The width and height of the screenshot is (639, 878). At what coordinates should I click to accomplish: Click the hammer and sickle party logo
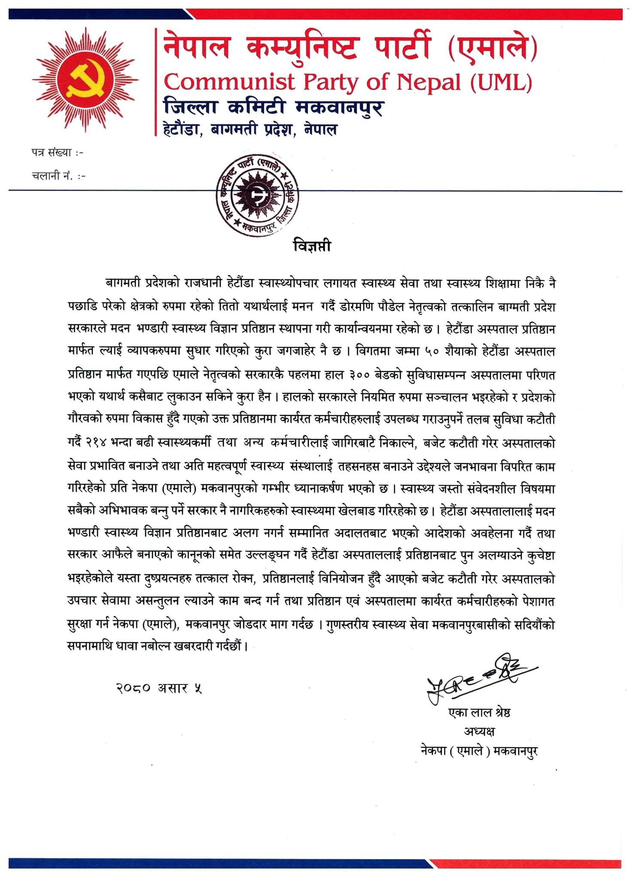click(x=85, y=79)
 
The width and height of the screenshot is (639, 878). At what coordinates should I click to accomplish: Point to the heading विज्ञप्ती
click(x=312, y=246)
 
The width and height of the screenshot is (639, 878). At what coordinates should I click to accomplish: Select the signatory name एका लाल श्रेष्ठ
click(x=479, y=712)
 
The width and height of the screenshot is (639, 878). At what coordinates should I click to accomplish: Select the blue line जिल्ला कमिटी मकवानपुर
click(x=274, y=107)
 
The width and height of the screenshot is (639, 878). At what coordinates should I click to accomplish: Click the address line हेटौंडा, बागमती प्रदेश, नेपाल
click(x=250, y=129)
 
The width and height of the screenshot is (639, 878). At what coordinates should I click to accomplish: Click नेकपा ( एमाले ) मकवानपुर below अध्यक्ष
click(x=479, y=751)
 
